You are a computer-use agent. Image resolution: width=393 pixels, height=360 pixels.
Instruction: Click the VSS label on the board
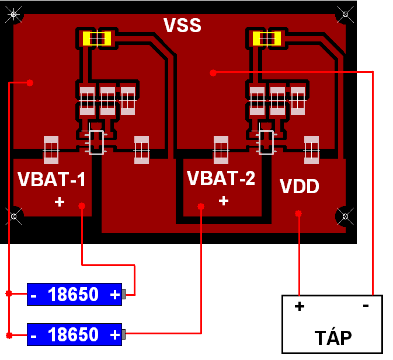tap(182, 25)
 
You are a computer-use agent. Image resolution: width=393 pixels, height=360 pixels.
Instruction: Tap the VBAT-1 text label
tap(51, 179)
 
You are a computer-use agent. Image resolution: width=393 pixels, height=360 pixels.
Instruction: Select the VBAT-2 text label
tap(221, 178)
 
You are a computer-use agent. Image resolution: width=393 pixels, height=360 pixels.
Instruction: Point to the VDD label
tap(299, 186)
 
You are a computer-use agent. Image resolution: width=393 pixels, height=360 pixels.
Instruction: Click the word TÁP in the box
tap(333, 338)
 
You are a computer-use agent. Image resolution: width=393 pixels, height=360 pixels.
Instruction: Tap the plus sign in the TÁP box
tap(300, 306)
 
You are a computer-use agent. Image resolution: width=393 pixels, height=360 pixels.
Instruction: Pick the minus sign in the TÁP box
tap(366, 306)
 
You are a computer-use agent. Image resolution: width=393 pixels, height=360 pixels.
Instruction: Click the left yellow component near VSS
tap(97, 39)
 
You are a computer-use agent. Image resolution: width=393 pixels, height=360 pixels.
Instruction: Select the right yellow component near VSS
tap(267, 39)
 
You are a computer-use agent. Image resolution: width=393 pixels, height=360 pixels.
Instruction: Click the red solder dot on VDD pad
tap(298, 214)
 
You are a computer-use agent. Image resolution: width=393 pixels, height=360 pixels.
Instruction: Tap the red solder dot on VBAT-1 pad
tap(82, 206)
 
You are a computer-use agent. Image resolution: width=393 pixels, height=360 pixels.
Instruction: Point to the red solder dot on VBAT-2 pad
tap(201, 207)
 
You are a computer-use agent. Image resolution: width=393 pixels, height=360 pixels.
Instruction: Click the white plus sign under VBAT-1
tap(60, 202)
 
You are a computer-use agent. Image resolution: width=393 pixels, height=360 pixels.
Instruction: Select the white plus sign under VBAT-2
tap(224, 201)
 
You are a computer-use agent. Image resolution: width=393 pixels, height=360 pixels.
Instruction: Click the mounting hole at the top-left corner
tap(14, 14)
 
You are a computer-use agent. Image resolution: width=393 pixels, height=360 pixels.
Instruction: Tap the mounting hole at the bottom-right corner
tap(345, 216)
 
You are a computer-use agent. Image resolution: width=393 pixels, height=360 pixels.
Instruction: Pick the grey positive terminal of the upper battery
tap(124, 294)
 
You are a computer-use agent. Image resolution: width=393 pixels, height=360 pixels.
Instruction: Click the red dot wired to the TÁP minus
tap(213, 73)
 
